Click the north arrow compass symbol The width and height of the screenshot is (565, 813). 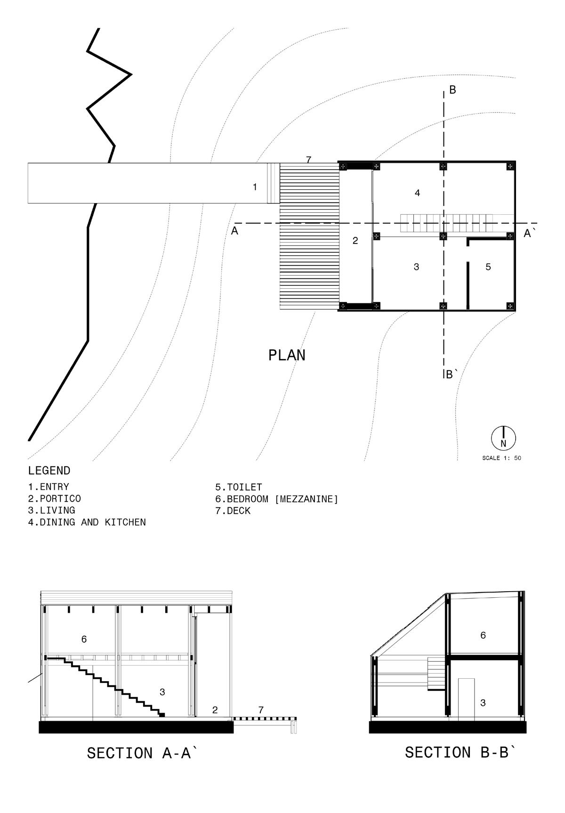503,438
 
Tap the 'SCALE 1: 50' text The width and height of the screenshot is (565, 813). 501,458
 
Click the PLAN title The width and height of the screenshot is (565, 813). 287,355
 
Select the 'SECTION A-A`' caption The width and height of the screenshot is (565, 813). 141,753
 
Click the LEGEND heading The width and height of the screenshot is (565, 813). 49,471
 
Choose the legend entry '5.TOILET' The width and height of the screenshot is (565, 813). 238,487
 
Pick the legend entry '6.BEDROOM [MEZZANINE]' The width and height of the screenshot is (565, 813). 277,499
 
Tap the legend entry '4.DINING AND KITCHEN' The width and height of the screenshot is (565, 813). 87,522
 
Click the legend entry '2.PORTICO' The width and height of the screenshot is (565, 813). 54,498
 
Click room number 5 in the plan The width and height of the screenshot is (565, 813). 488,267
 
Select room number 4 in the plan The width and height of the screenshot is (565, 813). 417,193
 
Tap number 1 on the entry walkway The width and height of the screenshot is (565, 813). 255,187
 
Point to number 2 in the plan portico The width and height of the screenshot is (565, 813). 355,241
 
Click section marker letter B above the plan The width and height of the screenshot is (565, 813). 452,90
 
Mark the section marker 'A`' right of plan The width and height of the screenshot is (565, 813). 529,233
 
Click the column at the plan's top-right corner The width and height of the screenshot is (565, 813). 510,166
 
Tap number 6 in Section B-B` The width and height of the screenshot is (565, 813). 483,635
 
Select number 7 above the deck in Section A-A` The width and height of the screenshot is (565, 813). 261,709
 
